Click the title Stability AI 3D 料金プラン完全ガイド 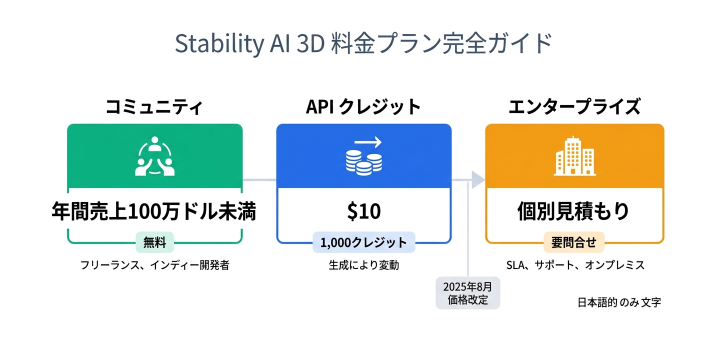click(x=363, y=44)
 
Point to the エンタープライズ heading click(x=574, y=107)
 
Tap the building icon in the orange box click(x=574, y=156)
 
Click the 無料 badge click(x=154, y=242)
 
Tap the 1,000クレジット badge click(x=363, y=243)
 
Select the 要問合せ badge click(x=573, y=242)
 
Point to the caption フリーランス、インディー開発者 click(x=154, y=265)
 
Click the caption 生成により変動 click(x=363, y=265)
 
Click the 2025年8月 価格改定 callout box click(x=467, y=293)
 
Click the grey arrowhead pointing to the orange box click(x=477, y=179)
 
